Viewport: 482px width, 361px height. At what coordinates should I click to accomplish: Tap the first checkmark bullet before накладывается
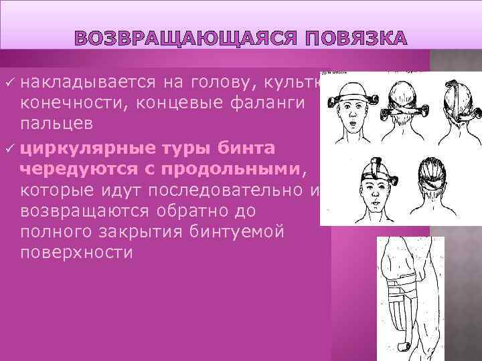[9, 83]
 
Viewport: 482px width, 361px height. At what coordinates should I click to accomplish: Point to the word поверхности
[76, 253]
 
